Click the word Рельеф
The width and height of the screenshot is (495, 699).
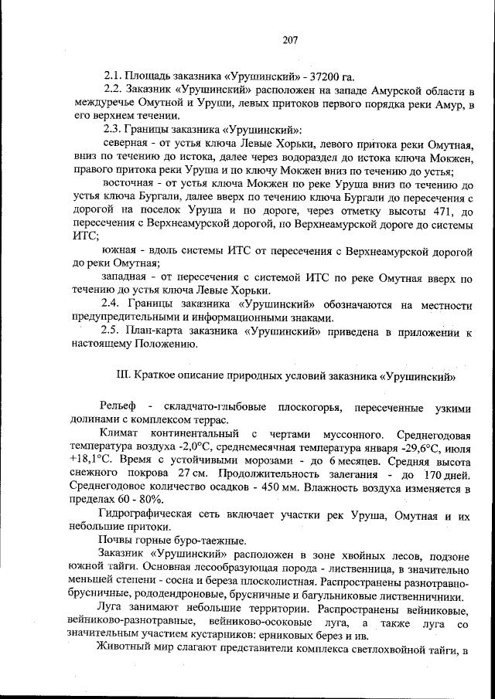(118, 406)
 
